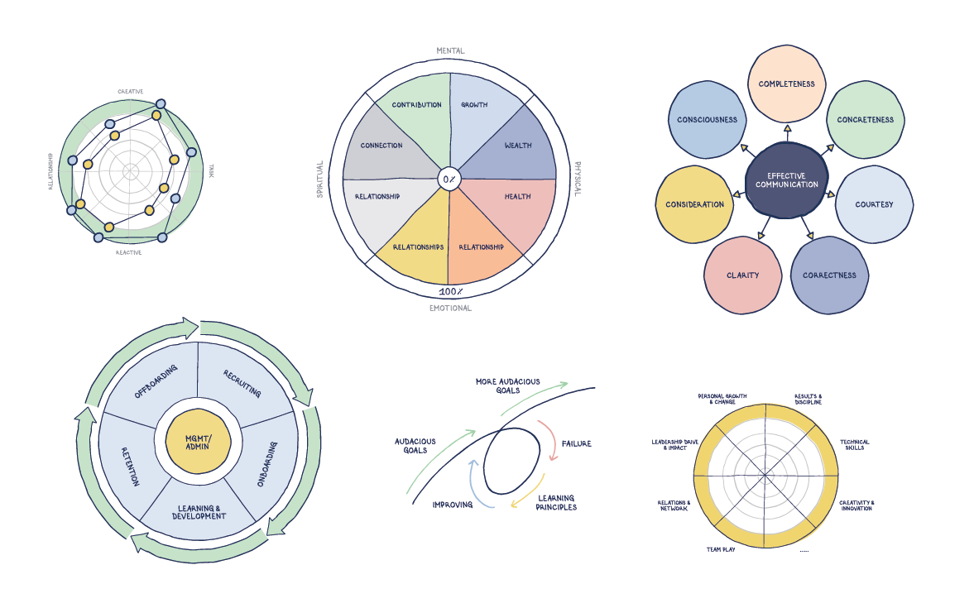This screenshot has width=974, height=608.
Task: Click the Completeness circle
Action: click(786, 84)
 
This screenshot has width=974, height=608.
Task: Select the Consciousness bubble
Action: click(707, 120)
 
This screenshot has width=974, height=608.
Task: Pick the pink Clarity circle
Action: click(742, 275)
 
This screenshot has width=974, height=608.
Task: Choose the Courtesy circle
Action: click(874, 204)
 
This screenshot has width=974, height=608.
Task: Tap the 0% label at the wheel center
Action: click(449, 179)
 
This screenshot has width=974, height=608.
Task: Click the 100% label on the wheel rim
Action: click(450, 293)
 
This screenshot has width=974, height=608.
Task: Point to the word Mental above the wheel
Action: click(450, 51)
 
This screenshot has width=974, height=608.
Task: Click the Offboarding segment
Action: click(151, 382)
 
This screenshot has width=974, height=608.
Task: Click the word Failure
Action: click(576, 444)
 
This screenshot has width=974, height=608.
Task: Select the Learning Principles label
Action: click(557, 502)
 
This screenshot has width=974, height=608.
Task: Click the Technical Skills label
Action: click(854, 445)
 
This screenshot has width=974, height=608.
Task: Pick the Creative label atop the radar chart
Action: click(131, 93)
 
